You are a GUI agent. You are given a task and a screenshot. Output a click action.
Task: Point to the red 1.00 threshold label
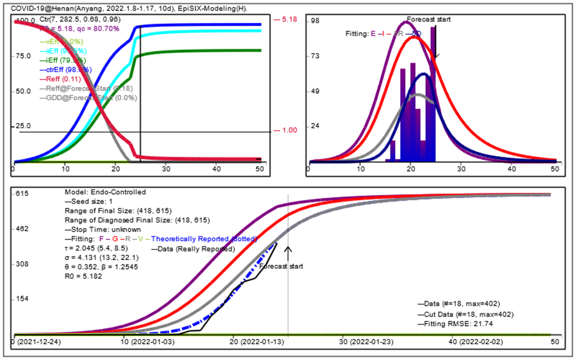click(x=286, y=130)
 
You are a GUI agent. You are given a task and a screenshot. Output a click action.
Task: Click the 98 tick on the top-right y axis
click(x=315, y=21)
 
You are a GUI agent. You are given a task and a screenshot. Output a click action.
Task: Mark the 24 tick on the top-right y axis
click(x=315, y=126)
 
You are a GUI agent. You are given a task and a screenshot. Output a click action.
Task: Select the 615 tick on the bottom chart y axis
click(x=22, y=194)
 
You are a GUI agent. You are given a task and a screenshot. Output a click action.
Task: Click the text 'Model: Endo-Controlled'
click(x=105, y=192)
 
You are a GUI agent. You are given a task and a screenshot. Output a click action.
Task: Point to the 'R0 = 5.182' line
click(x=83, y=276)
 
